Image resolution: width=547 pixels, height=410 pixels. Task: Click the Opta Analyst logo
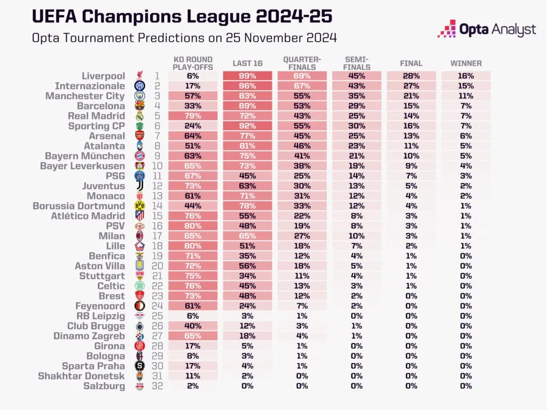[x=487, y=29]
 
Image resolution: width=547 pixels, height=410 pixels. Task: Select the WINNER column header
[x=466, y=64]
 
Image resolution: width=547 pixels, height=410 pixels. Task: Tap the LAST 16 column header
[x=247, y=64]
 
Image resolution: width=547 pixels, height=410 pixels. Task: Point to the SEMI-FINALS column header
[x=356, y=63]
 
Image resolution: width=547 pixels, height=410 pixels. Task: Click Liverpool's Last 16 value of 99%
[x=247, y=76]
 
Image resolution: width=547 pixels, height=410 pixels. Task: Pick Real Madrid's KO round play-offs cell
[x=192, y=116]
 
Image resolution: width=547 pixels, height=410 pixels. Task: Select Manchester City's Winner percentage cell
[x=466, y=96]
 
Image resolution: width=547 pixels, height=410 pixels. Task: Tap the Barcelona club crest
[x=139, y=106]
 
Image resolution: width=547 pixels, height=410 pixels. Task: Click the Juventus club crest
[x=139, y=186]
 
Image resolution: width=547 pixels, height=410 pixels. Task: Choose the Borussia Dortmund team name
[x=79, y=206]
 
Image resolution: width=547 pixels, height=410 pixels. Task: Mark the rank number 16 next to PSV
[x=158, y=226]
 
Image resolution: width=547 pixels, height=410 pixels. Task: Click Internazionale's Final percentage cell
[x=411, y=86]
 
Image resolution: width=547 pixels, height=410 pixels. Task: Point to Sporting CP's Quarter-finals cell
[x=302, y=126]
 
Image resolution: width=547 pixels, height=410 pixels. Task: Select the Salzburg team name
[x=104, y=387]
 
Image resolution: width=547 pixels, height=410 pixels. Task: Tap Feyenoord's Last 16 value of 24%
[x=247, y=306]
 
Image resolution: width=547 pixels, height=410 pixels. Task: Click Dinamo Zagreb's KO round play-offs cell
[x=192, y=336]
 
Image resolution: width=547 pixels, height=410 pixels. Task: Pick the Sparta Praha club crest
[x=139, y=366]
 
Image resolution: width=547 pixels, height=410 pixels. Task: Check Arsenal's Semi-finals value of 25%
[x=356, y=136]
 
